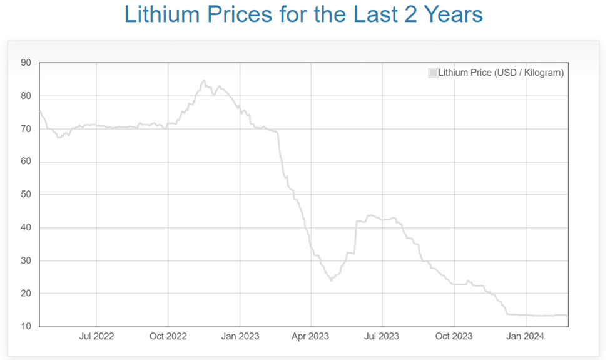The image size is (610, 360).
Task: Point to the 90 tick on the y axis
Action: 26,63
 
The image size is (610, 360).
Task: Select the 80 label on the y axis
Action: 26,96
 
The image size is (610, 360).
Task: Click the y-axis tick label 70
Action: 26,129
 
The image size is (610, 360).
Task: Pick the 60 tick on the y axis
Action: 26,162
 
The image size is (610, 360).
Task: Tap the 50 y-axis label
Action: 26,195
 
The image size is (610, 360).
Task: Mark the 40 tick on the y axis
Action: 26,228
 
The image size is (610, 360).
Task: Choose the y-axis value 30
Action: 26,260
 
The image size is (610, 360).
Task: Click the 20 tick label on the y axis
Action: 26,294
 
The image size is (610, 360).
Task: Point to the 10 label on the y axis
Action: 26,326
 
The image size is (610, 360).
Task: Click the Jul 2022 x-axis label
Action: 96,336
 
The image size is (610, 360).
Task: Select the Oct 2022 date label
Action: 168,336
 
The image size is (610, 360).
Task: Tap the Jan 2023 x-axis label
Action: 240,336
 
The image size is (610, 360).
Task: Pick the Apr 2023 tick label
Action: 310,336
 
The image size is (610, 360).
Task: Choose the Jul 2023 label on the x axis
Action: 381,336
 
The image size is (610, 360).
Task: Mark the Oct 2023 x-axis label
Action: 454,336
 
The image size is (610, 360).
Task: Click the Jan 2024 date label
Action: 526,336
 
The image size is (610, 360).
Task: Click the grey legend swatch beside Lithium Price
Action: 433,73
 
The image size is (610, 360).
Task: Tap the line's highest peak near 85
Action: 203,81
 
